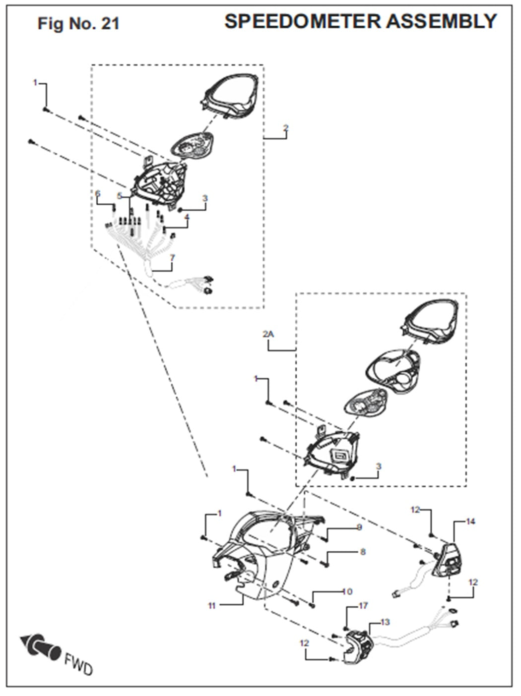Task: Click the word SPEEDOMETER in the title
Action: tap(303, 21)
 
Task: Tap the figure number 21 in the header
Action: tap(110, 24)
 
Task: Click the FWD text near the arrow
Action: tap(78, 664)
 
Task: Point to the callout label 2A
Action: tap(268, 335)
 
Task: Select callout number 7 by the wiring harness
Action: tap(172, 258)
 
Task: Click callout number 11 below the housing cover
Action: tap(212, 606)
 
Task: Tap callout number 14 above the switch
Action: tap(470, 521)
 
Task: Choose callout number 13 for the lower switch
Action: tap(385, 622)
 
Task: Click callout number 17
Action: tap(363, 605)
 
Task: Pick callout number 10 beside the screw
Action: tap(347, 591)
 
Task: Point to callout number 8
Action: tap(363, 552)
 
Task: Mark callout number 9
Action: tap(359, 527)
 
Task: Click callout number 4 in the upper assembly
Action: tap(187, 217)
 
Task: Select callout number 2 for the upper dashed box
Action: tap(285, 128)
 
